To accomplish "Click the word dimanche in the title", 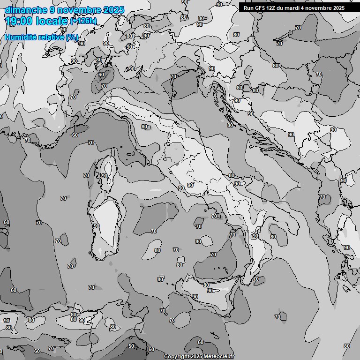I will pos(23,10).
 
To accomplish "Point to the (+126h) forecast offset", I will pos(83,21).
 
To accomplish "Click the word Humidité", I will pos(20,37).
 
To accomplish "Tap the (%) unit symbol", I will pos(72,37).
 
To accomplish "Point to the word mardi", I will pos(294,8).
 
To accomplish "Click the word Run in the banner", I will pos(248,8).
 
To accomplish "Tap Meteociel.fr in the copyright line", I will pos(217,357).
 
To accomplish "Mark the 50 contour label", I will pos(131,346).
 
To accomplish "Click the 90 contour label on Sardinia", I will pos(96,226).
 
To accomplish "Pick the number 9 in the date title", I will pos(52,10).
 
